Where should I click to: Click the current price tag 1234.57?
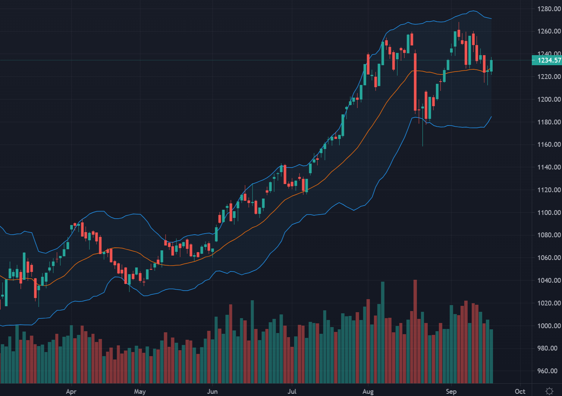(547, 60)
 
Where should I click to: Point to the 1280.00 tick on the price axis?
(549, 9)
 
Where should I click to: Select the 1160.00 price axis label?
(549, 145)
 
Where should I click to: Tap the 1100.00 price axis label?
(549, 213)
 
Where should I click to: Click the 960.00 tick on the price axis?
(549, 371)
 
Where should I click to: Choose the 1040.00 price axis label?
(549, 281)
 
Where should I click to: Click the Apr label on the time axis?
(71, 392)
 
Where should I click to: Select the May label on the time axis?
(140, 392)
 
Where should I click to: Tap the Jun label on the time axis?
(212, 392)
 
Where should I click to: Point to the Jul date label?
(292, 392)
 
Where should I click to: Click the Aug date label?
(368, 392)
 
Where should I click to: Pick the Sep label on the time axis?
(451, 392)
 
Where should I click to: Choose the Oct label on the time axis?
(520, 392)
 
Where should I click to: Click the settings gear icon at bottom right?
(549, 391)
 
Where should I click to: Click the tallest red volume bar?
(415, 332)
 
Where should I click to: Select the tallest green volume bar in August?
(383, 332)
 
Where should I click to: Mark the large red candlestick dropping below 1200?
(415, 82)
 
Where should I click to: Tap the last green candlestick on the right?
(492, 66)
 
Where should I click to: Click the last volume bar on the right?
(492, 356)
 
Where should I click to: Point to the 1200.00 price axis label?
(549, 99)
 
